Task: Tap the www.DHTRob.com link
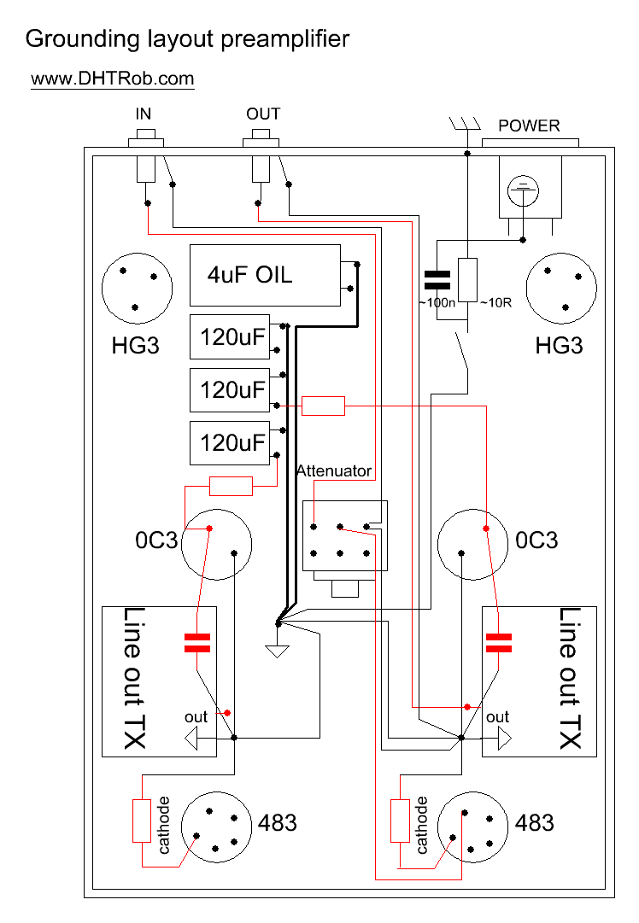(113, 79)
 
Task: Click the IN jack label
(144, 114)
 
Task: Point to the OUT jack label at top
(263, 114)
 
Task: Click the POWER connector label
(529, 126)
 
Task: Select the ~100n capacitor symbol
(437, 279)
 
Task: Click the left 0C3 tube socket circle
(217, 545)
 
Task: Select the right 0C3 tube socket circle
(472, 545)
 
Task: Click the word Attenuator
(334, 470)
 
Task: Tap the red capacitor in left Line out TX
(197, 643)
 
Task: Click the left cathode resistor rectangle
(142, 821)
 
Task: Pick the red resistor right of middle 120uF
(324, 406)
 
